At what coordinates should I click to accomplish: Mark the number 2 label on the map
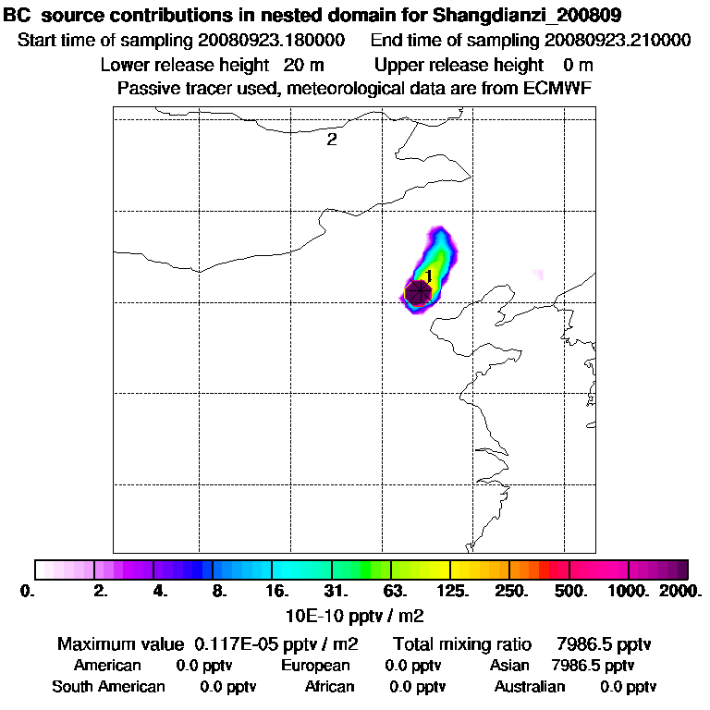click(331, 141)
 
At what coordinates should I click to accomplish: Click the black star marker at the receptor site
click(419, 292)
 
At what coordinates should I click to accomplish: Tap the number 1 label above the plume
click(429, 275)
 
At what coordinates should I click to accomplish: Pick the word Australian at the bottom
click(529, 687)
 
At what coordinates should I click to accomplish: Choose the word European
click(315, 666)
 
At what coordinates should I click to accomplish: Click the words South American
click(108, 687)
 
